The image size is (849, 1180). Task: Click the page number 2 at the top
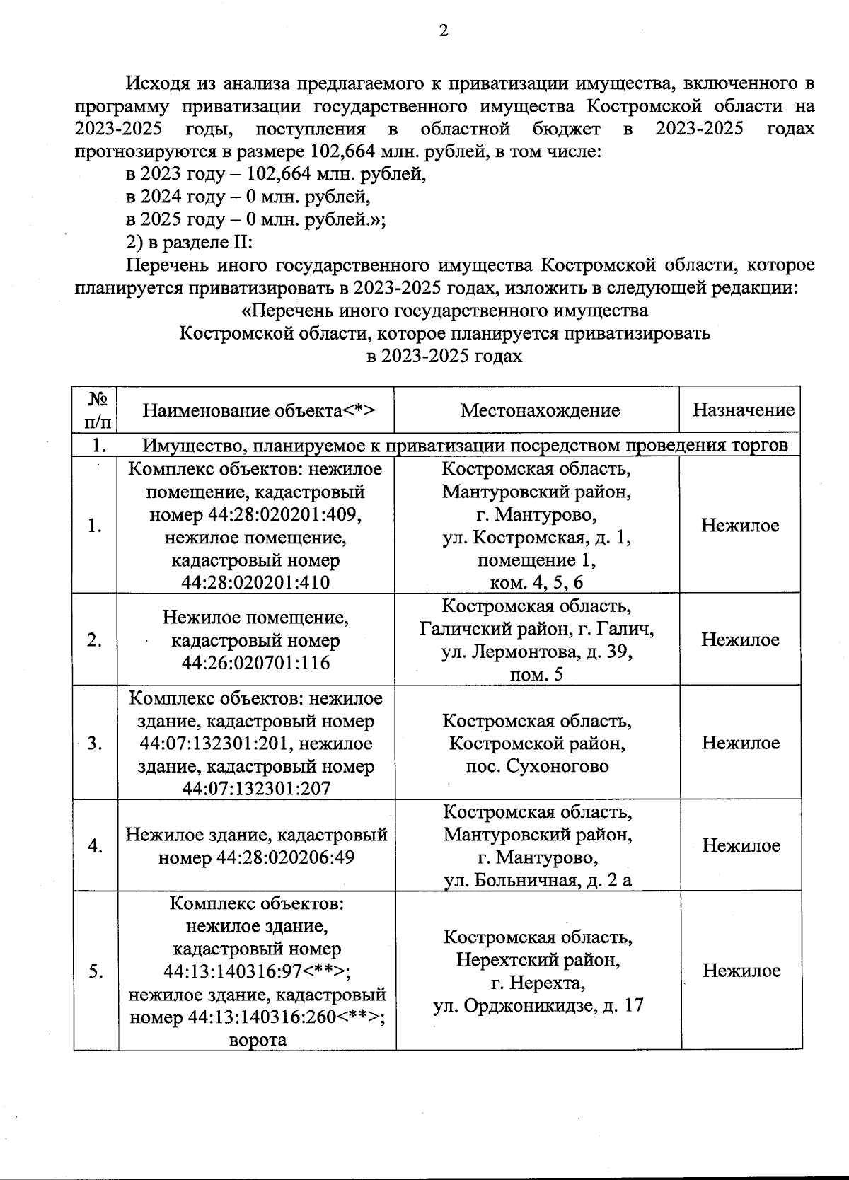444,30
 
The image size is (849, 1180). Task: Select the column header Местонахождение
540,410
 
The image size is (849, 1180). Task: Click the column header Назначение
743,410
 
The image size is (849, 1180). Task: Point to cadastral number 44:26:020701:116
255,663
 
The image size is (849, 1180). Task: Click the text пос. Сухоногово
537,766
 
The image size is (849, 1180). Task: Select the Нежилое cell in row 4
741,845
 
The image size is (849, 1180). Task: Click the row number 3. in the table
95,744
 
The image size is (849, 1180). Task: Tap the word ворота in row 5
258,1040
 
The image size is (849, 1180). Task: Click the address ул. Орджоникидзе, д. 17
538,1005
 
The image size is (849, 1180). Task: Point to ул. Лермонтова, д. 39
537,652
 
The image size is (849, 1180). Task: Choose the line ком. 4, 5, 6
537,582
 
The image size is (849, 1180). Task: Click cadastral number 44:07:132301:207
255,789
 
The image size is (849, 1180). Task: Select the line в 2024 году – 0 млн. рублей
248,196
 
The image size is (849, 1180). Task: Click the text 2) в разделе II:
189,242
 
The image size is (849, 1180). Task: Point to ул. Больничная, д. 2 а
538,880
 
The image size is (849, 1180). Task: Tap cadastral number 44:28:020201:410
255,583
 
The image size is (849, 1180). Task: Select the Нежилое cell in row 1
740,525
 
